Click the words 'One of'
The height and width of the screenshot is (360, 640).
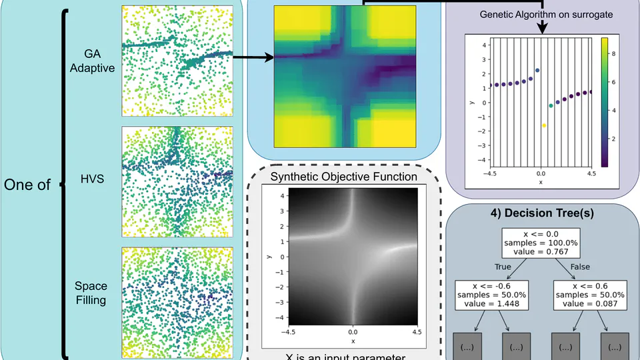(x=27, y=185)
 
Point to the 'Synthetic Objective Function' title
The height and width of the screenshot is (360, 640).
(x=344, y=177)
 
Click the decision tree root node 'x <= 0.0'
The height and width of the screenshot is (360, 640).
(x=544, y=244)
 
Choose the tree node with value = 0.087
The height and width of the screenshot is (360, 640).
(x=589, y=295)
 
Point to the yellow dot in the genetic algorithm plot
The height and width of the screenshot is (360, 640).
(x=544, y=125)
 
